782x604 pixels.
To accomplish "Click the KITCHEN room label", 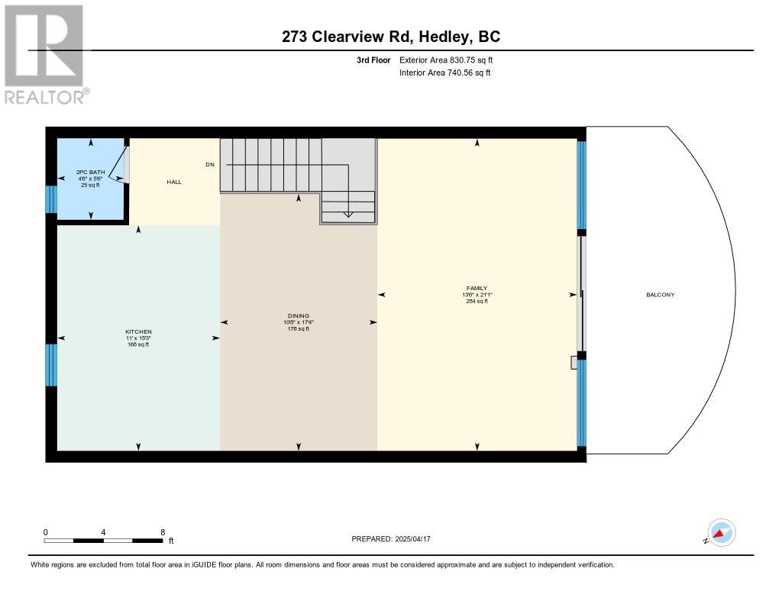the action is [x=139, y=331].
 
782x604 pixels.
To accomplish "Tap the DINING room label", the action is [x=299, y=315].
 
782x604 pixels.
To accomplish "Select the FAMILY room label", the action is [x=477, y=289].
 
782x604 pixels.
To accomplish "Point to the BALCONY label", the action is [x=661, y=295].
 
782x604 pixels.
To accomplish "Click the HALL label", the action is [x=174, y=182].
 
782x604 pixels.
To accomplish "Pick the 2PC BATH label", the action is [x=90, y=172].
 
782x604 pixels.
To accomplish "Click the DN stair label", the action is [x=210, y=165].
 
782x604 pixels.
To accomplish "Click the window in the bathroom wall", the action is [x=51, y=199].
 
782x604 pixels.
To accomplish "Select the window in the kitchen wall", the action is [x=51, y=365].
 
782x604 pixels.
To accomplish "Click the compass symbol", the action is [x=721, y=533].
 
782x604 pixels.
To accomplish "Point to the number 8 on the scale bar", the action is [x=163, y=532].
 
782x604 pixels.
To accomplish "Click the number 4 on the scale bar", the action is [x=103, y=532].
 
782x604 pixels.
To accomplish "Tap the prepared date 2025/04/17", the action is [x=412, y=538].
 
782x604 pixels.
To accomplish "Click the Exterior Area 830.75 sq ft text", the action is [x=446, y=60].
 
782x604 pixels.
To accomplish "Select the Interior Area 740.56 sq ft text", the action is [x=445, y=73].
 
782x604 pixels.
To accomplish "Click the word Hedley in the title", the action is [x=444, y=37].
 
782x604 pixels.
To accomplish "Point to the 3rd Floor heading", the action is [x=373, y=60].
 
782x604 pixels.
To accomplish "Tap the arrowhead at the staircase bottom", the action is [x=347, y=215].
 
